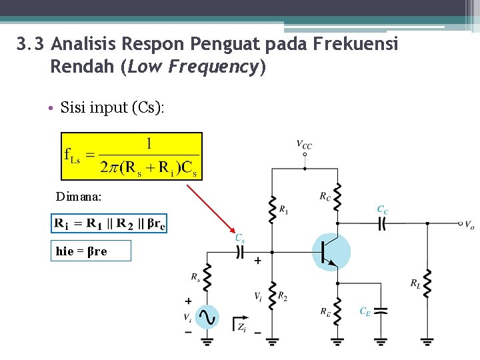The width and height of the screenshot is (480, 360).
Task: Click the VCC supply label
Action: tap(305, 144)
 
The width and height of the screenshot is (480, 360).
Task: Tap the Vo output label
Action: tap(469, 225)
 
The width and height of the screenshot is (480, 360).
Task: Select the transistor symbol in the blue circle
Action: tap(331, 251)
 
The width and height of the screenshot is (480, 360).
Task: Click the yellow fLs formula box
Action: tap(131, 156)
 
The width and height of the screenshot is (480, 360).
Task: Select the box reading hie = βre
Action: tap(91, 251)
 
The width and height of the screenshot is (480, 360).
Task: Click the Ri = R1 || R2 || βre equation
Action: tap(109, 223)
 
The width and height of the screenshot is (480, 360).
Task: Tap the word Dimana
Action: tap(79, 197)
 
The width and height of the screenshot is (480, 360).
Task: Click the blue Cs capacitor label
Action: tap(239, 237)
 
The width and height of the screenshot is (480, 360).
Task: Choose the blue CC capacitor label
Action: tap(383, 210)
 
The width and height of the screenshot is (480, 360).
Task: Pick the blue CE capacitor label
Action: tap(365, 311)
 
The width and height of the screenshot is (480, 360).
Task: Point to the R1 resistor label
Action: tap(284, 210)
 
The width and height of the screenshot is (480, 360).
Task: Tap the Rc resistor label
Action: tap(325, 196)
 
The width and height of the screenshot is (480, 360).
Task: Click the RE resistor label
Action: tap(325, 311)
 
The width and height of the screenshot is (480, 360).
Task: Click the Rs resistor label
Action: tap(195, 276)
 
